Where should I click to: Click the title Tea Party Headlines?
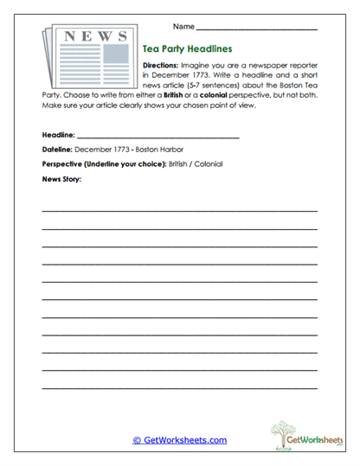[185, 50]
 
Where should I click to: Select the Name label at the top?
[183, 29]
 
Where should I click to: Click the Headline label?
[58, 136]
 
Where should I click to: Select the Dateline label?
[57, 150]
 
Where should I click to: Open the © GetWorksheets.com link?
[179, 440]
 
